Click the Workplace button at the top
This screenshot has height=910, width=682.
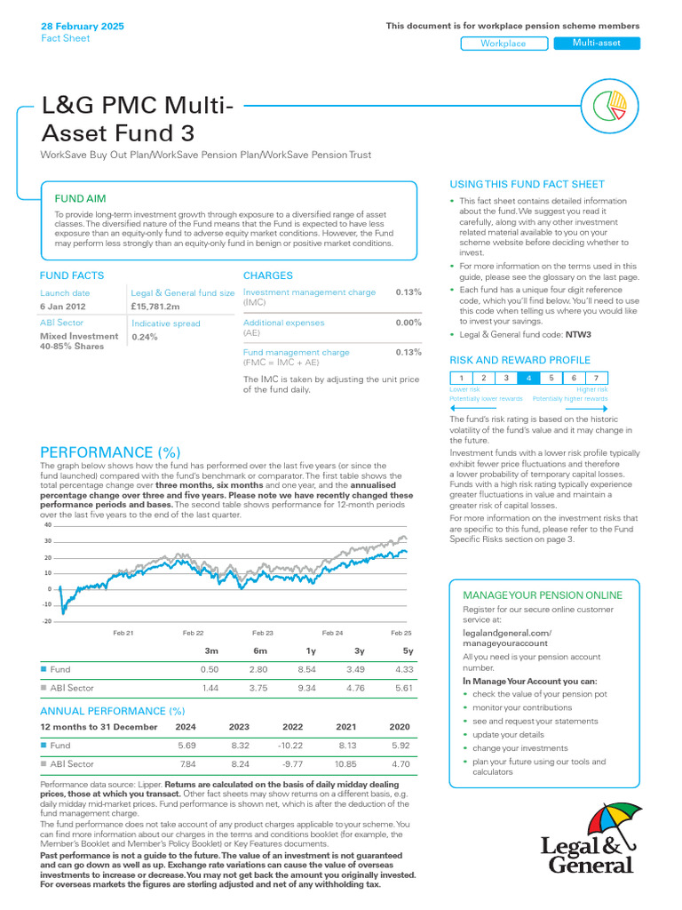(x=504, y=44)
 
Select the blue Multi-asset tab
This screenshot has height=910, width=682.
(x=596, y=44)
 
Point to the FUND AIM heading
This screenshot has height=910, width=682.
(x=81, y=198)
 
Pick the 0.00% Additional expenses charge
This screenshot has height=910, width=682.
(x=408, y=323)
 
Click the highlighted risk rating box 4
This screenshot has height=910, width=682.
(x=529, y=378)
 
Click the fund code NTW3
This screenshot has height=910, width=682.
(x=578, y=335)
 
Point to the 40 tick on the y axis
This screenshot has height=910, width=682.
(x=47, y=524)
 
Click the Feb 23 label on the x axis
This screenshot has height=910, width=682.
(x=263, y=632)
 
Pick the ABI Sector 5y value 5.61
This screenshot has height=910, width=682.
(x=404, y=688)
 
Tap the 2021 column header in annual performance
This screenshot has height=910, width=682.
(x=346, y=726)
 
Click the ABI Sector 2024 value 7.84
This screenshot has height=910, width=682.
(x=187, y=764)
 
